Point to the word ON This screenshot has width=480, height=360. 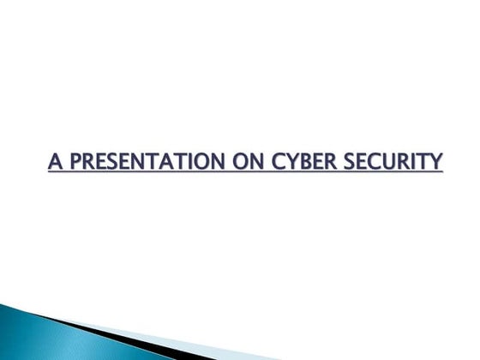pyautogui.click(x=243, y=161)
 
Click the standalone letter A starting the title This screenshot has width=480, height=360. pyautogui.click(x=54, y=161)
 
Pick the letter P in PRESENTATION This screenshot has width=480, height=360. pyautogui.click(x=72, y=161)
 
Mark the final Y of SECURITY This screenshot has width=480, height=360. pyautogui.click(x=435, y=161)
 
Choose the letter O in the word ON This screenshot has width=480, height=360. pyautogui.click(x=237, y=161)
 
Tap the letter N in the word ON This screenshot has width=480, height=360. pyautogui.click(x=251, y=161)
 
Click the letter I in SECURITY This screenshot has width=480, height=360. pyautogui.click(x=411, y=161)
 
